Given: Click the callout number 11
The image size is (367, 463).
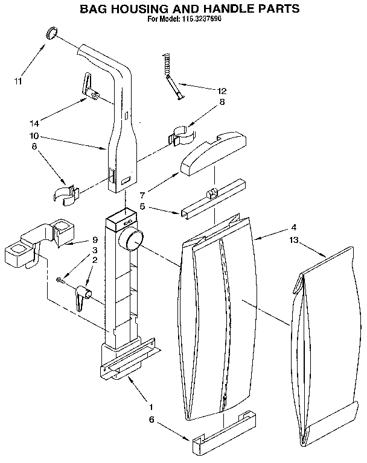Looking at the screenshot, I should click(18, 81).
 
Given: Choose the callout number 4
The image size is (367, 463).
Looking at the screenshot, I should click(293, 228).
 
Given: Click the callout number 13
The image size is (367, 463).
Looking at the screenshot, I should click(293, 240).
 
